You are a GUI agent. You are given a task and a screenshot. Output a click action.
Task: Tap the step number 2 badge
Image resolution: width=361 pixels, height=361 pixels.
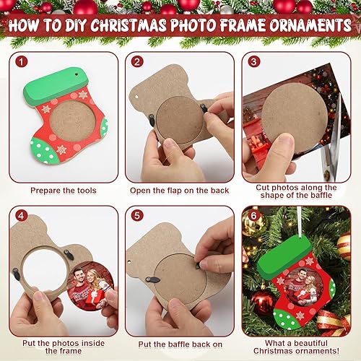click(138, 62)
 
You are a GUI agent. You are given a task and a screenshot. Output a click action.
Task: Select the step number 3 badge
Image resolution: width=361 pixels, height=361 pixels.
click(253, 62)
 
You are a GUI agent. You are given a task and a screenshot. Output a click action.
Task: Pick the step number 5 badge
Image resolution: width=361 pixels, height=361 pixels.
click(138, 217)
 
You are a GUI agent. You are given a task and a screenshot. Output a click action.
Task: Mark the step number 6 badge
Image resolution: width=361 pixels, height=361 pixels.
click(253, 217)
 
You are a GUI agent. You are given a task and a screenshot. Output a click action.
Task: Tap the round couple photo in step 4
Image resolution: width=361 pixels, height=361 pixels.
click(91, 285)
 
